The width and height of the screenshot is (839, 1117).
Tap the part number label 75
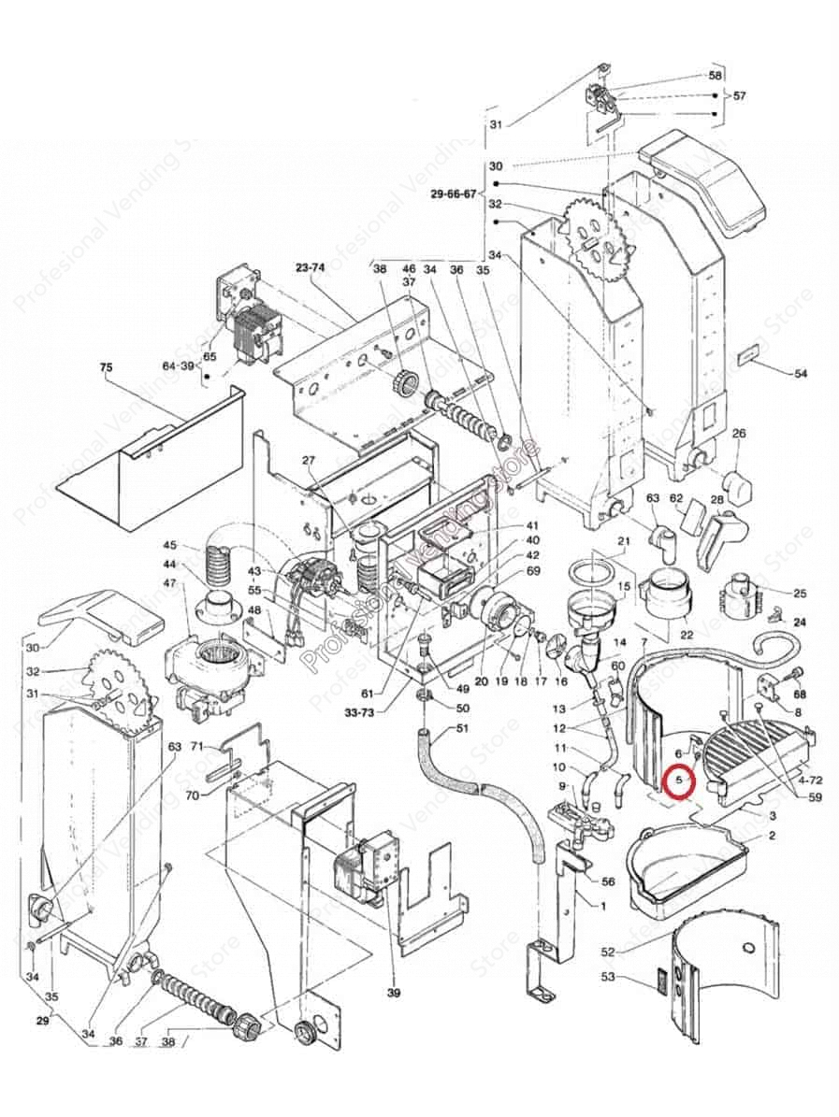(105, 368)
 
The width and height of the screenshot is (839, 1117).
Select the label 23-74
(310, 266)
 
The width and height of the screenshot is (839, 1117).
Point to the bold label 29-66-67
(454, 194)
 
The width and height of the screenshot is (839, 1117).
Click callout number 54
(800, 374)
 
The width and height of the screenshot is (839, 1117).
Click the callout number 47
(170, 583)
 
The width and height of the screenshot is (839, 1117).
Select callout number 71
(197, 747)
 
